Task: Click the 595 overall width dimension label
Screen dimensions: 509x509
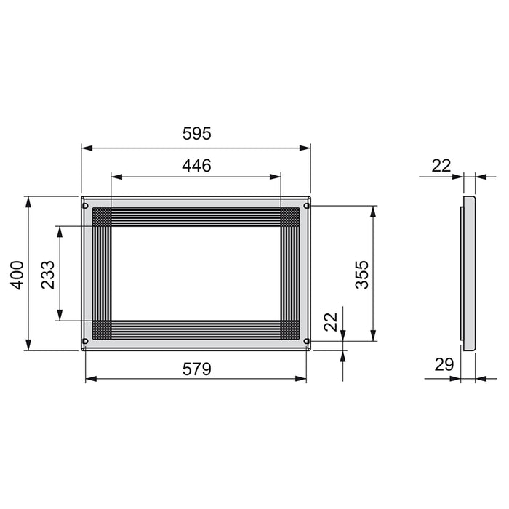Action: click(196, 134)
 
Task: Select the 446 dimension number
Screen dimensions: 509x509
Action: click(196, 166)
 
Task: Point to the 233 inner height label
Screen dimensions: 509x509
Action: click(48, 273)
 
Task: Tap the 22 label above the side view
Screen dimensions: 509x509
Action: click(441, 166)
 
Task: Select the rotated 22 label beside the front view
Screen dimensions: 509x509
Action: click(331, 322)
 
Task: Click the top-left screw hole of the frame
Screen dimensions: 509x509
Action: click(86, 206)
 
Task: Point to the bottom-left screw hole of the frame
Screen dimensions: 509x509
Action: click(86, 340)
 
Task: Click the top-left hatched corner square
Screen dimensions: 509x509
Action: click(102, 217)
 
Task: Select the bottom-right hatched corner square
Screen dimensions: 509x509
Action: click(290, 329)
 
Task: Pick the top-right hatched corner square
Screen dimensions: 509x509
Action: click(290, 217)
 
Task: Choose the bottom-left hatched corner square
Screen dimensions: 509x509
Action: click(102, 329)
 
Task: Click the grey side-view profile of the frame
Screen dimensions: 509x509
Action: click(469, 273)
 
